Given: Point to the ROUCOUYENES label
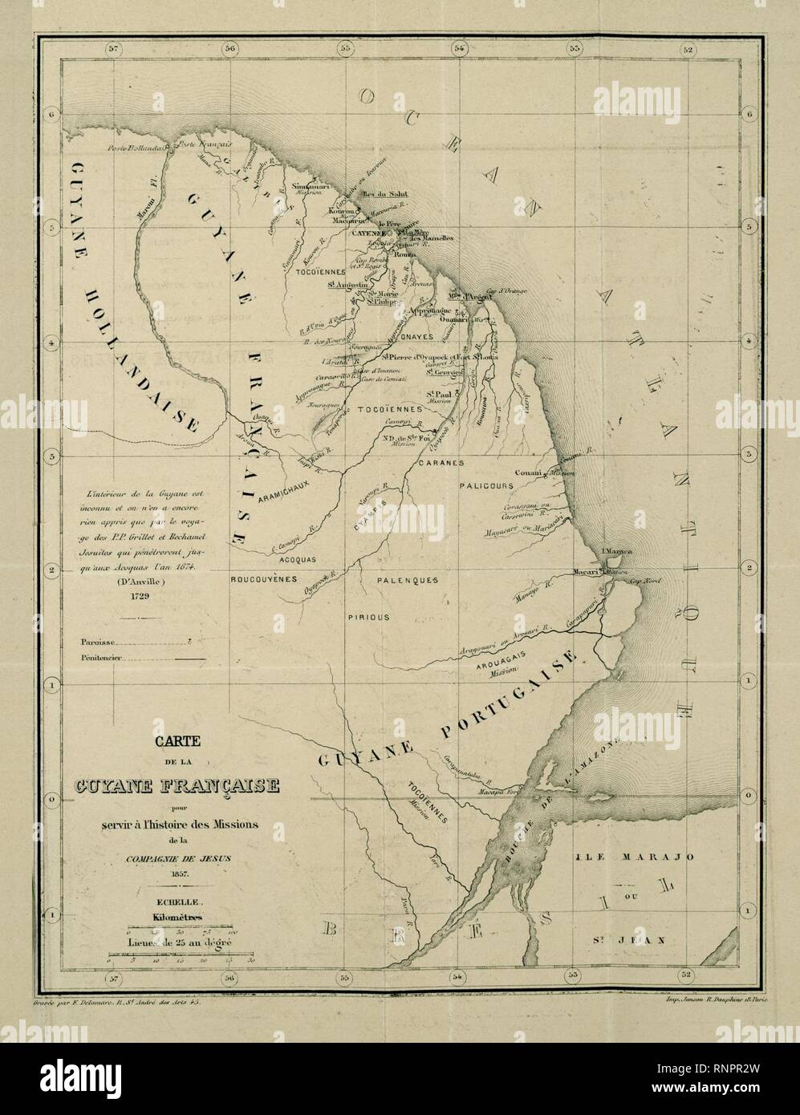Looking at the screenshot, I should coord(264,578).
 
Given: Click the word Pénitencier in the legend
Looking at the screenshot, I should coord(101,658).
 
